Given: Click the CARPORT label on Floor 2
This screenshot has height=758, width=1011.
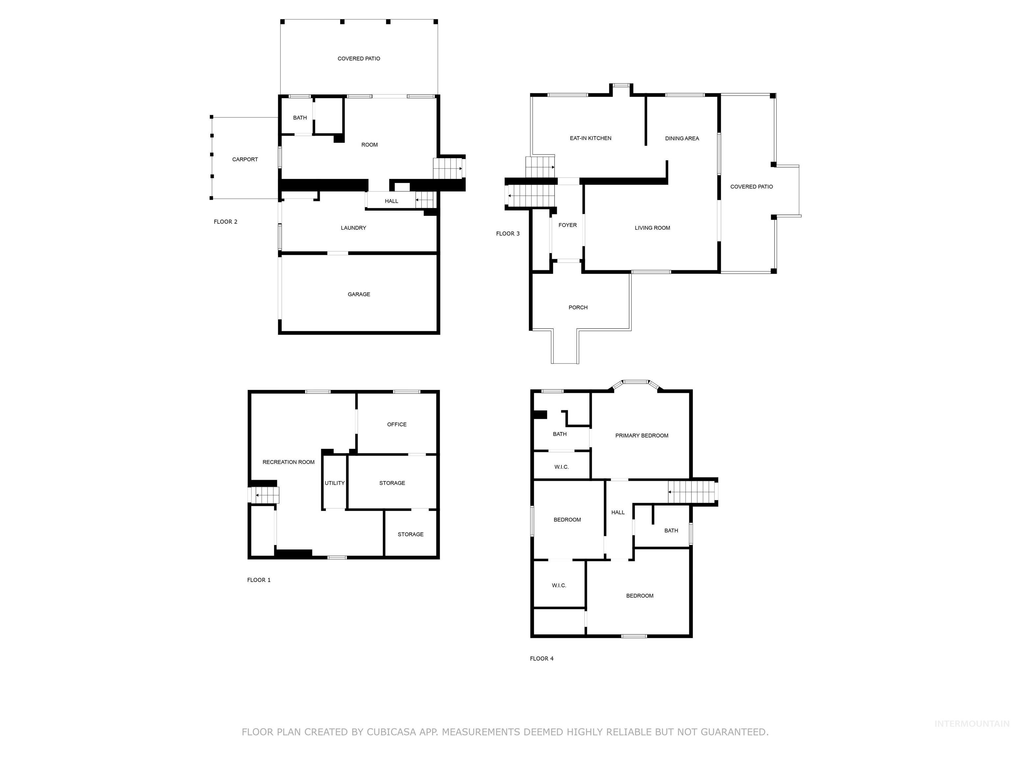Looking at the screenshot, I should tap(245, 160).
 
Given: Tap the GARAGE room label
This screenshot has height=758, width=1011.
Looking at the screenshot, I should tap(359, 294).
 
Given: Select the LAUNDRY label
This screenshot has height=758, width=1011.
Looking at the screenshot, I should tap(353, 228).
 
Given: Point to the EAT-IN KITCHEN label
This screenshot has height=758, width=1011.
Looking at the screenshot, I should tap(590, 138).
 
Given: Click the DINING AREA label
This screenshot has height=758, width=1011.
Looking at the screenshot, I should tap(682, 139).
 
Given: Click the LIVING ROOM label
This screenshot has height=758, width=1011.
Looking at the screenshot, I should tap(652, 228).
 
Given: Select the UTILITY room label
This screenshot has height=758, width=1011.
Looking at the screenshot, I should tap(335, 483).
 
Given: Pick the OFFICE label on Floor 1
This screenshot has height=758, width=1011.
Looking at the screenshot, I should tap(396, 424).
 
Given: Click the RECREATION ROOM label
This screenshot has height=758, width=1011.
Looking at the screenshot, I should tap(288, 462).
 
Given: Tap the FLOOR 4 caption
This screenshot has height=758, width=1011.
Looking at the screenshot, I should tap(542, 658).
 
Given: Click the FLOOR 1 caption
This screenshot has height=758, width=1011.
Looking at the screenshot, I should tap(259, 580).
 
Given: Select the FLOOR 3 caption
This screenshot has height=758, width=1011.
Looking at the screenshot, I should tap(508, 234).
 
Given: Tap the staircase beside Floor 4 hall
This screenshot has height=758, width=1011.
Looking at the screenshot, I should tap(691, 492).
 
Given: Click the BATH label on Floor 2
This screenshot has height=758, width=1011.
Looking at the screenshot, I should tap(300, 118).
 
